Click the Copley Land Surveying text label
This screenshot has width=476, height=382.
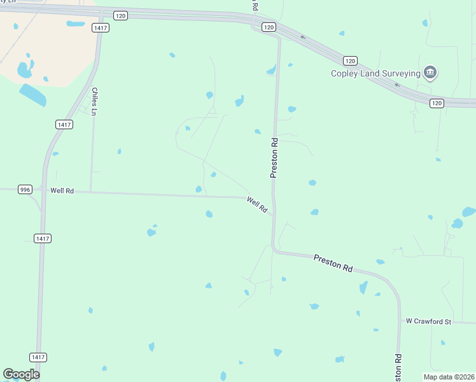(375, 73)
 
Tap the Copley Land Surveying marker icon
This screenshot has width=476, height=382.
(430, 73)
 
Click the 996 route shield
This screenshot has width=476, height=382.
(25, 190)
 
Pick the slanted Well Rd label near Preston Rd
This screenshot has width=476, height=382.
(257, 204)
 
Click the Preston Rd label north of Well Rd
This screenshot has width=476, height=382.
(274, 157)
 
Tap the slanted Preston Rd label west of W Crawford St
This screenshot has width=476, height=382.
(333, 264)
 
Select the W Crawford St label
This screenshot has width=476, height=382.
(428, 322)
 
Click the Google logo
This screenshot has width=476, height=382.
(21, 374)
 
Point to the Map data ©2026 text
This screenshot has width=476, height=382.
(449, 376)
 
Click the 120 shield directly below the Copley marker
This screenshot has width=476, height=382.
(436, 103)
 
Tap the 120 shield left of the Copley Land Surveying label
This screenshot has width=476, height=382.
(349, 60)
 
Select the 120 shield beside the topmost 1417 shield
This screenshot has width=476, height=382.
(121, 15)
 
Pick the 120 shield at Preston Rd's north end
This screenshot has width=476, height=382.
(269, 27)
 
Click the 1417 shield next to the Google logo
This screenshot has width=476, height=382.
(38, 358)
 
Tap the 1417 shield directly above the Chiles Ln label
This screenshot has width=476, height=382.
(99, 27)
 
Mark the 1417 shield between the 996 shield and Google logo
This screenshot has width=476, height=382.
(43, 238)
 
